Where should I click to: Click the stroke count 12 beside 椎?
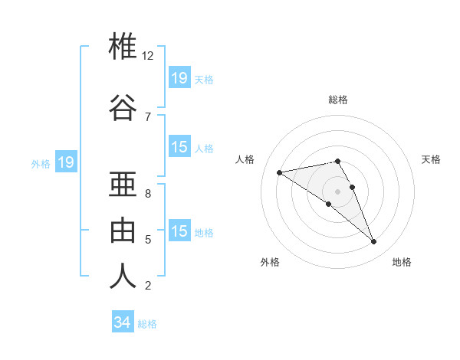[148, 56]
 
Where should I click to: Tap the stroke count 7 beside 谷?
[148, 116]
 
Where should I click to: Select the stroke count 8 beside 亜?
[148, 194]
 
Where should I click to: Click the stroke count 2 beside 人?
[148, 286]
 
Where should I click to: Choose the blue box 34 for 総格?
[123, 322]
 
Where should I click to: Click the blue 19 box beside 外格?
[65, 162]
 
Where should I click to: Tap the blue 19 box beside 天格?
[179, 78]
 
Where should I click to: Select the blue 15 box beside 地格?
[179, 231]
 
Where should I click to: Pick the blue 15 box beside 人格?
[179, 147]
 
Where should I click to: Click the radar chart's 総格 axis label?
[338, 100]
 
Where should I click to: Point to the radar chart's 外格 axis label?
[270, 262]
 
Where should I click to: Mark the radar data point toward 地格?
[374, 242]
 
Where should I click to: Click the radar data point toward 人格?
[279, 172]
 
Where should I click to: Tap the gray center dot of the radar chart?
[338, 191]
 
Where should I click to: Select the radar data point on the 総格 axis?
[337, 161]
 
